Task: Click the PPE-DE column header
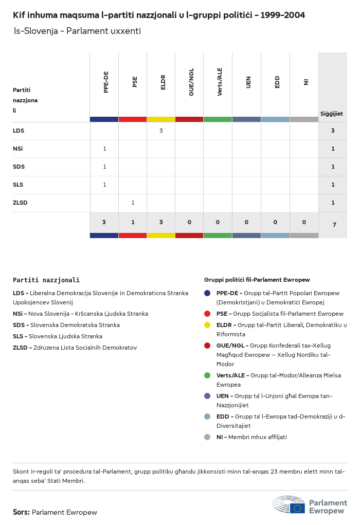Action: click(106, 82)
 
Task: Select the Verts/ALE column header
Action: click(220, 82)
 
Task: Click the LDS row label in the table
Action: click(19, 131)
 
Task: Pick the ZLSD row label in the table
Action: click(20, 203)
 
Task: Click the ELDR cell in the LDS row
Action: click(161, 131)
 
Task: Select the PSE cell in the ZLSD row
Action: click(133, 203)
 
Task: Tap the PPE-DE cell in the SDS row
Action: click(104, 167)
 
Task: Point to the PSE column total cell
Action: click(133, 222)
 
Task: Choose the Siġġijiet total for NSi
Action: click(333, 149)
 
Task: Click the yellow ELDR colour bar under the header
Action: click(161, 119)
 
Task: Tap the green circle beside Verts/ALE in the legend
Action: click(207, 375)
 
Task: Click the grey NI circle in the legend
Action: click(207, 437)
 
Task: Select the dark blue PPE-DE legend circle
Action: click(207, 293)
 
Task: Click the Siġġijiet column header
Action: click(332, 114)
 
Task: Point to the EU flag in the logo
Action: click(297, 508)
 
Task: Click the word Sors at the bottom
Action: click(21, 512)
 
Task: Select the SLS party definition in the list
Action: click(58, 336)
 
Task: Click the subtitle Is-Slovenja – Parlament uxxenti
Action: click(77, 31)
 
